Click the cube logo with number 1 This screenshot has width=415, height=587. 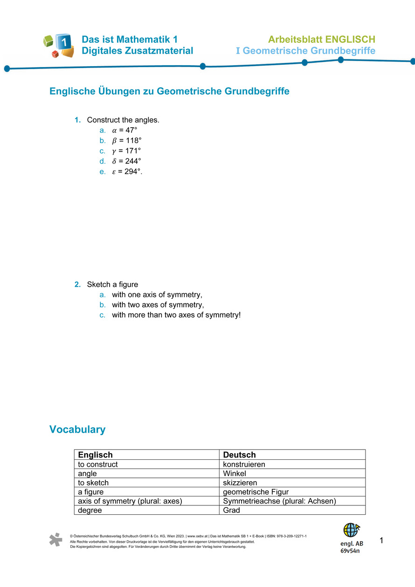coord(59,45)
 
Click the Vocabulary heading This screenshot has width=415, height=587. coord(77,429)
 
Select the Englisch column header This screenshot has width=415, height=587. coord(95,455)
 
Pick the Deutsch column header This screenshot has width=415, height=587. coord(239,455)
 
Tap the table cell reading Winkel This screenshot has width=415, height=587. coord(235,474)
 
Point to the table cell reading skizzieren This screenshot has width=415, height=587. coord(240,483)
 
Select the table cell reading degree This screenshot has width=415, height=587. coord(90,510)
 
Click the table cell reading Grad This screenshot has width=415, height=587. coord(232,510)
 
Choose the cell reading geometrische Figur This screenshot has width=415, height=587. coord(256,492)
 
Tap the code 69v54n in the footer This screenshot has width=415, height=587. coord(350,551)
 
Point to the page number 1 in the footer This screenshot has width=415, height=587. coord(381,541)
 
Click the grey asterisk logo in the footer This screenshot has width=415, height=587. coord(56,539)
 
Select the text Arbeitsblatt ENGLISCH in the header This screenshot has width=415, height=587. coord(321,39)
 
